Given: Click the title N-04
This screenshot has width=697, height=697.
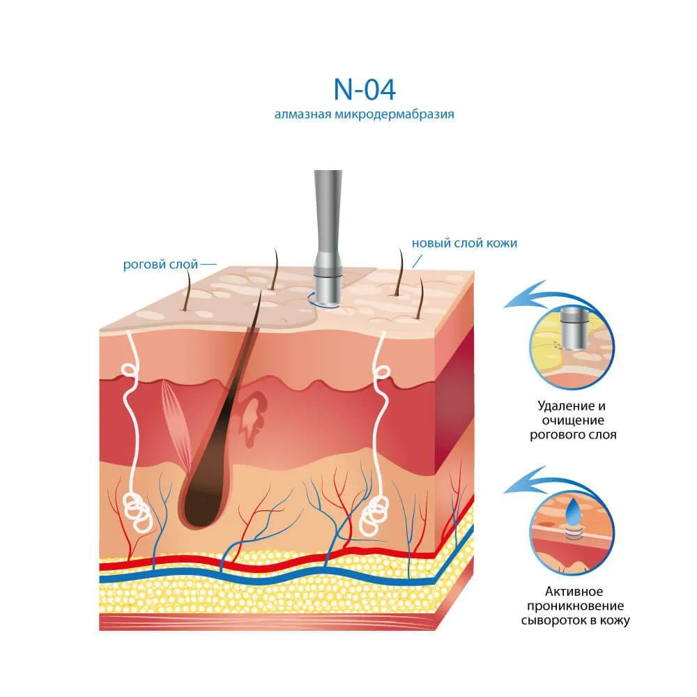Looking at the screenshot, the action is pyautogui.click(x=365, y=90).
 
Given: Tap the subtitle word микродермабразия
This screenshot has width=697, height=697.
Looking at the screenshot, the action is pyautogui.click(x=395, y=114).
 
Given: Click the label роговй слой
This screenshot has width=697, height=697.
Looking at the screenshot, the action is pyautogui.click(x=160, y=265).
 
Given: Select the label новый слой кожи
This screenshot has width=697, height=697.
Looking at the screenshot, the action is pyautogui.click(x=464, y=243).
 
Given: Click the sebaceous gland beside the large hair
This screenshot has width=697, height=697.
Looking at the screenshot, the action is pyautogui.click(x=252, y=418).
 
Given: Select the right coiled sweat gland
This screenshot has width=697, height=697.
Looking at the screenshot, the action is pyautogui.click(x=374, y=516).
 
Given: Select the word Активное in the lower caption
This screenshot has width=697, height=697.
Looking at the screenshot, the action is pyautogui.click(x=574, y=592).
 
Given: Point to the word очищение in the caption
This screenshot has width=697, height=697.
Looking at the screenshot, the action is pyautogui.click(x=573, y=420).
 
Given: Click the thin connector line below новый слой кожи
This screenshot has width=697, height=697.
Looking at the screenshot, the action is pyautogui.click(x=417, y=261).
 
